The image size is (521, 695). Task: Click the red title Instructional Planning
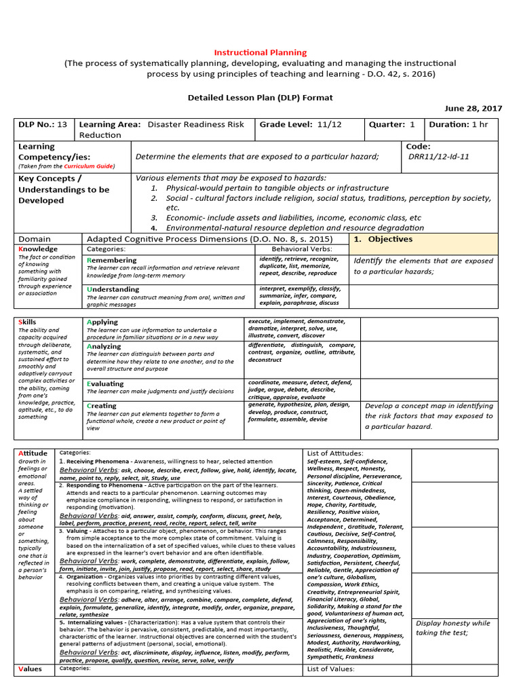(x=260, y=52)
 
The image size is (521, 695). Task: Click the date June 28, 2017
(x=473, y=108)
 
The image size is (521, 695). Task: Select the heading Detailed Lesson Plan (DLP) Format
(x=260, y=97)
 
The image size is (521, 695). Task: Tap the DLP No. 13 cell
(x=43, y=124)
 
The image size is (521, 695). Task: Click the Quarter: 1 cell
(x=392, y=124)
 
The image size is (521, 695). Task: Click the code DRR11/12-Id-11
(x=438, y=156)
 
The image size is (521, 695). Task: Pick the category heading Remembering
(x=112, y=260)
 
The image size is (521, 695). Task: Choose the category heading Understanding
(x=113, y=289)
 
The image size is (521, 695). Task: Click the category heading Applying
(x=102, y=322)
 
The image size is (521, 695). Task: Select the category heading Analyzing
(x=104, y=346)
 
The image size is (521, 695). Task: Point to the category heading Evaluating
(x=105, y=383)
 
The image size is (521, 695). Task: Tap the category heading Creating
(x=102, y=406)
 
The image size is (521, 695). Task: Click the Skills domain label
(x=28, y=322)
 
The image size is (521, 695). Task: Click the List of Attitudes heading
(x=334, y=453)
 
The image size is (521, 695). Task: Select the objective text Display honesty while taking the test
(x=452, y=628)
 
